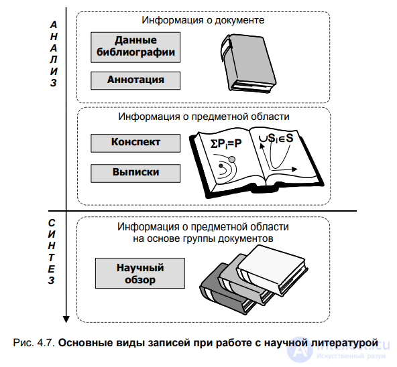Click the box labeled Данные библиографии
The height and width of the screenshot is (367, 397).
(x=135, y=48)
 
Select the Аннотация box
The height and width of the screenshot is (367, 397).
(x=135, y=80)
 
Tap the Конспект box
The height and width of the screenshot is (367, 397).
(x=135, y=143)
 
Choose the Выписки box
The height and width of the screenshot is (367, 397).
(x=135, y=173)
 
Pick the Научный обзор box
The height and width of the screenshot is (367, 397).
(x=140, y=273)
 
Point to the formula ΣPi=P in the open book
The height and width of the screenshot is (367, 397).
(x=226, y=144)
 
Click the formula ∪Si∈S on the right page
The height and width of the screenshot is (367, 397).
(x=276, y=139)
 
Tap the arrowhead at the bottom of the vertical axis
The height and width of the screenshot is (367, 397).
(x=66, y=319)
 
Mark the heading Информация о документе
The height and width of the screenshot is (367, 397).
(x=203, y=20)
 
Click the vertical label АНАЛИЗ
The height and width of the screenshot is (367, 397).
(x=54, y=54)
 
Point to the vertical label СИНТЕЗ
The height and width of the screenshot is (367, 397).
(x=52, y=252)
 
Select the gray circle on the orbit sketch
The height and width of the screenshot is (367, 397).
(x=232, y=159)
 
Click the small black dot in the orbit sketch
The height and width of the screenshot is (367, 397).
(x=221, y=166)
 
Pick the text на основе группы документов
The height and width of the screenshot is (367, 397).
(x=203, y=238)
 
